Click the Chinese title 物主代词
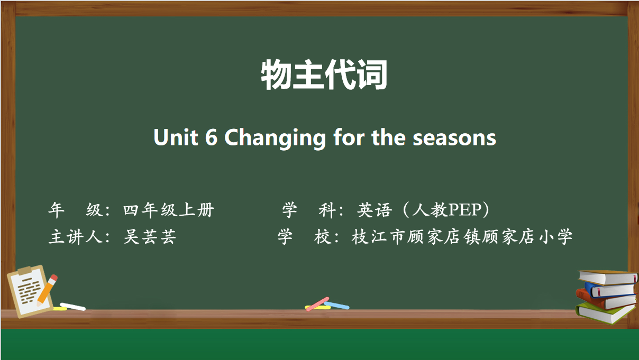[x=324, y=75]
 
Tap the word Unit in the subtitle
[x=176, y=137]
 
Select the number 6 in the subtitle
[x=212, y=137]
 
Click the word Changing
[x=275, y=139]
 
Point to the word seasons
[x=454, y=139]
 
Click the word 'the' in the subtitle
[x=388, y=137]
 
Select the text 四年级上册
[x=169, y=210]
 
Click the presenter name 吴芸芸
[x=150, y=237]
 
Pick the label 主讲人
[x=76, y=237]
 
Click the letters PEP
[x=465, y=210]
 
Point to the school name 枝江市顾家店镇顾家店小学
[x=462, y=237]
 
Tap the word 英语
[x=375, y=210]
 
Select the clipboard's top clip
[x=25, y=270]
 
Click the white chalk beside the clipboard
[x=73, y=307]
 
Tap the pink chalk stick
[x=317, y=304]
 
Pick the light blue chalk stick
[x=336, y=305]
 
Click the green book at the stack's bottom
[x=605, y=313]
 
